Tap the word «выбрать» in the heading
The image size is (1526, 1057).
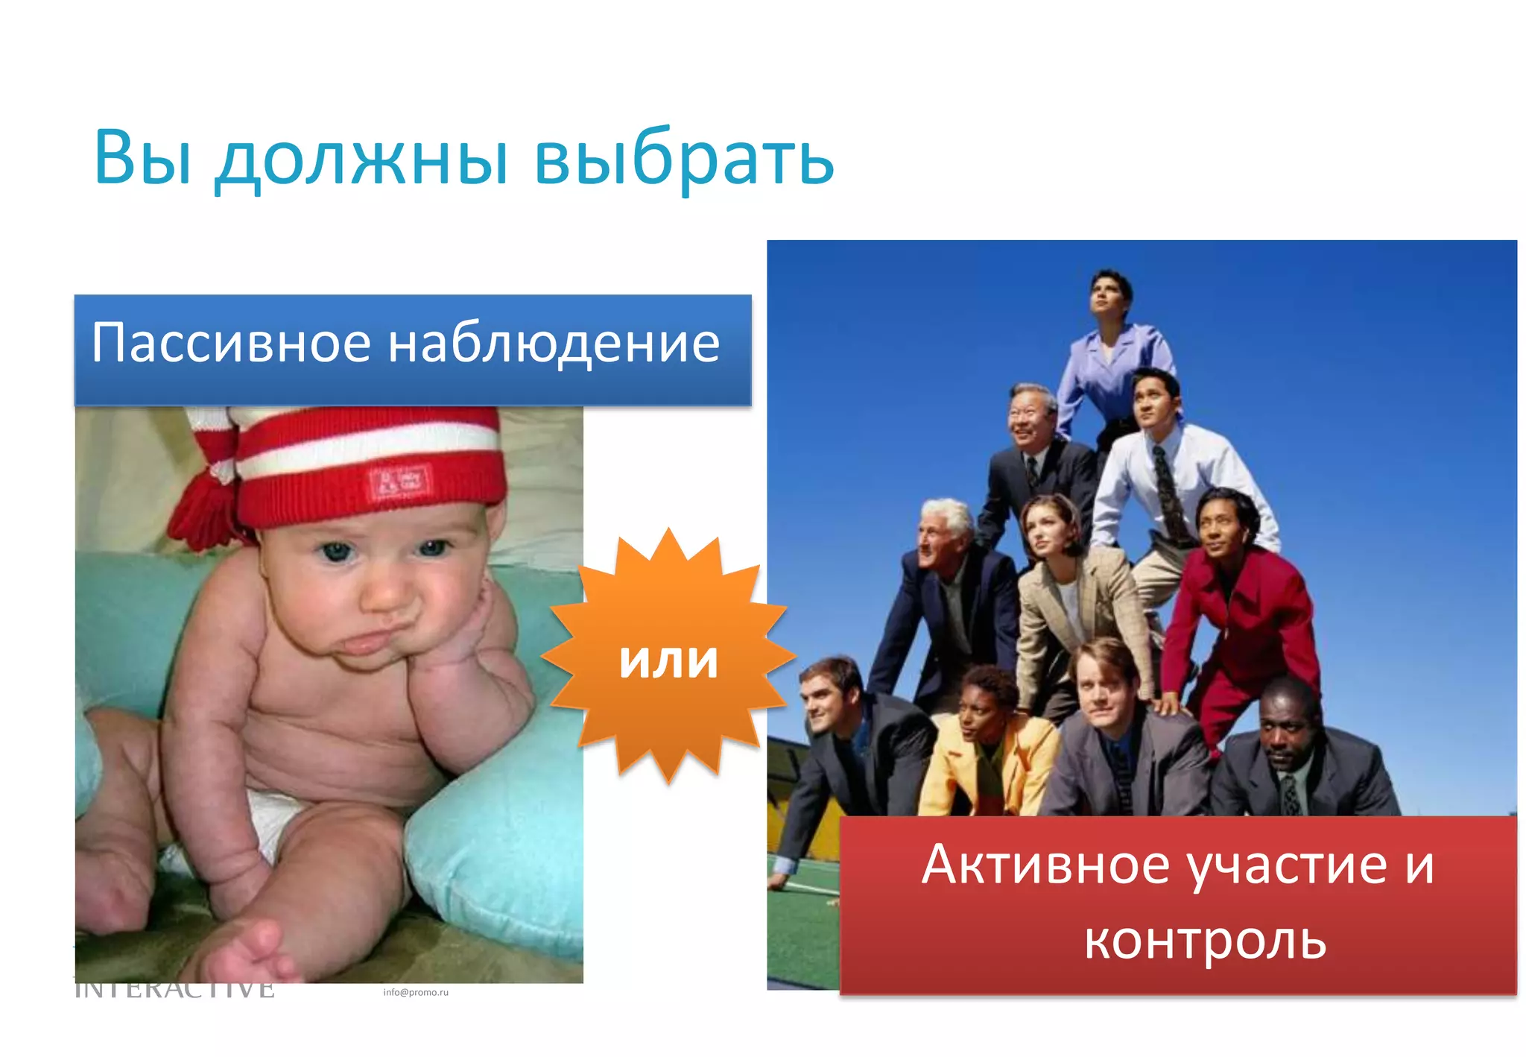point(684,159)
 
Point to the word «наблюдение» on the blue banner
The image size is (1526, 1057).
point(554,344)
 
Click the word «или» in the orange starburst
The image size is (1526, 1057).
point(668,660)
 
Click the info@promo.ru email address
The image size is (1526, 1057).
point(416,992)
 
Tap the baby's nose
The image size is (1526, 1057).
point(387,593)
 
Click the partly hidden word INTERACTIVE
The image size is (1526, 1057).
point(175,990)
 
